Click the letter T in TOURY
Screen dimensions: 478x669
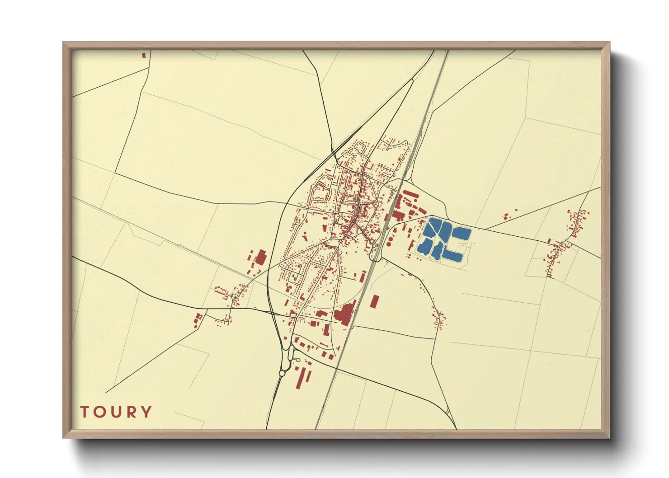pyautogui.click(x=85, y=412)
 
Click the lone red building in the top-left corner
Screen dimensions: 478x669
pyautogui.click(x=144, y=55)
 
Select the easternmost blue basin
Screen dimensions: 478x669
pyautogui.click(x=462, y=234)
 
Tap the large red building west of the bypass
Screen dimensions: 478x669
pyautogui.click(x=260, y=257)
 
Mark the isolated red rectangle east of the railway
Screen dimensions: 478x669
pyautogui.click(x=374, y=301)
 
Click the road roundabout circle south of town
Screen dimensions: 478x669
pyautogui.click(x=282, y=373)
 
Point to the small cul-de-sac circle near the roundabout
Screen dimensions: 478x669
pyautogui.click(x=298, y=360)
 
